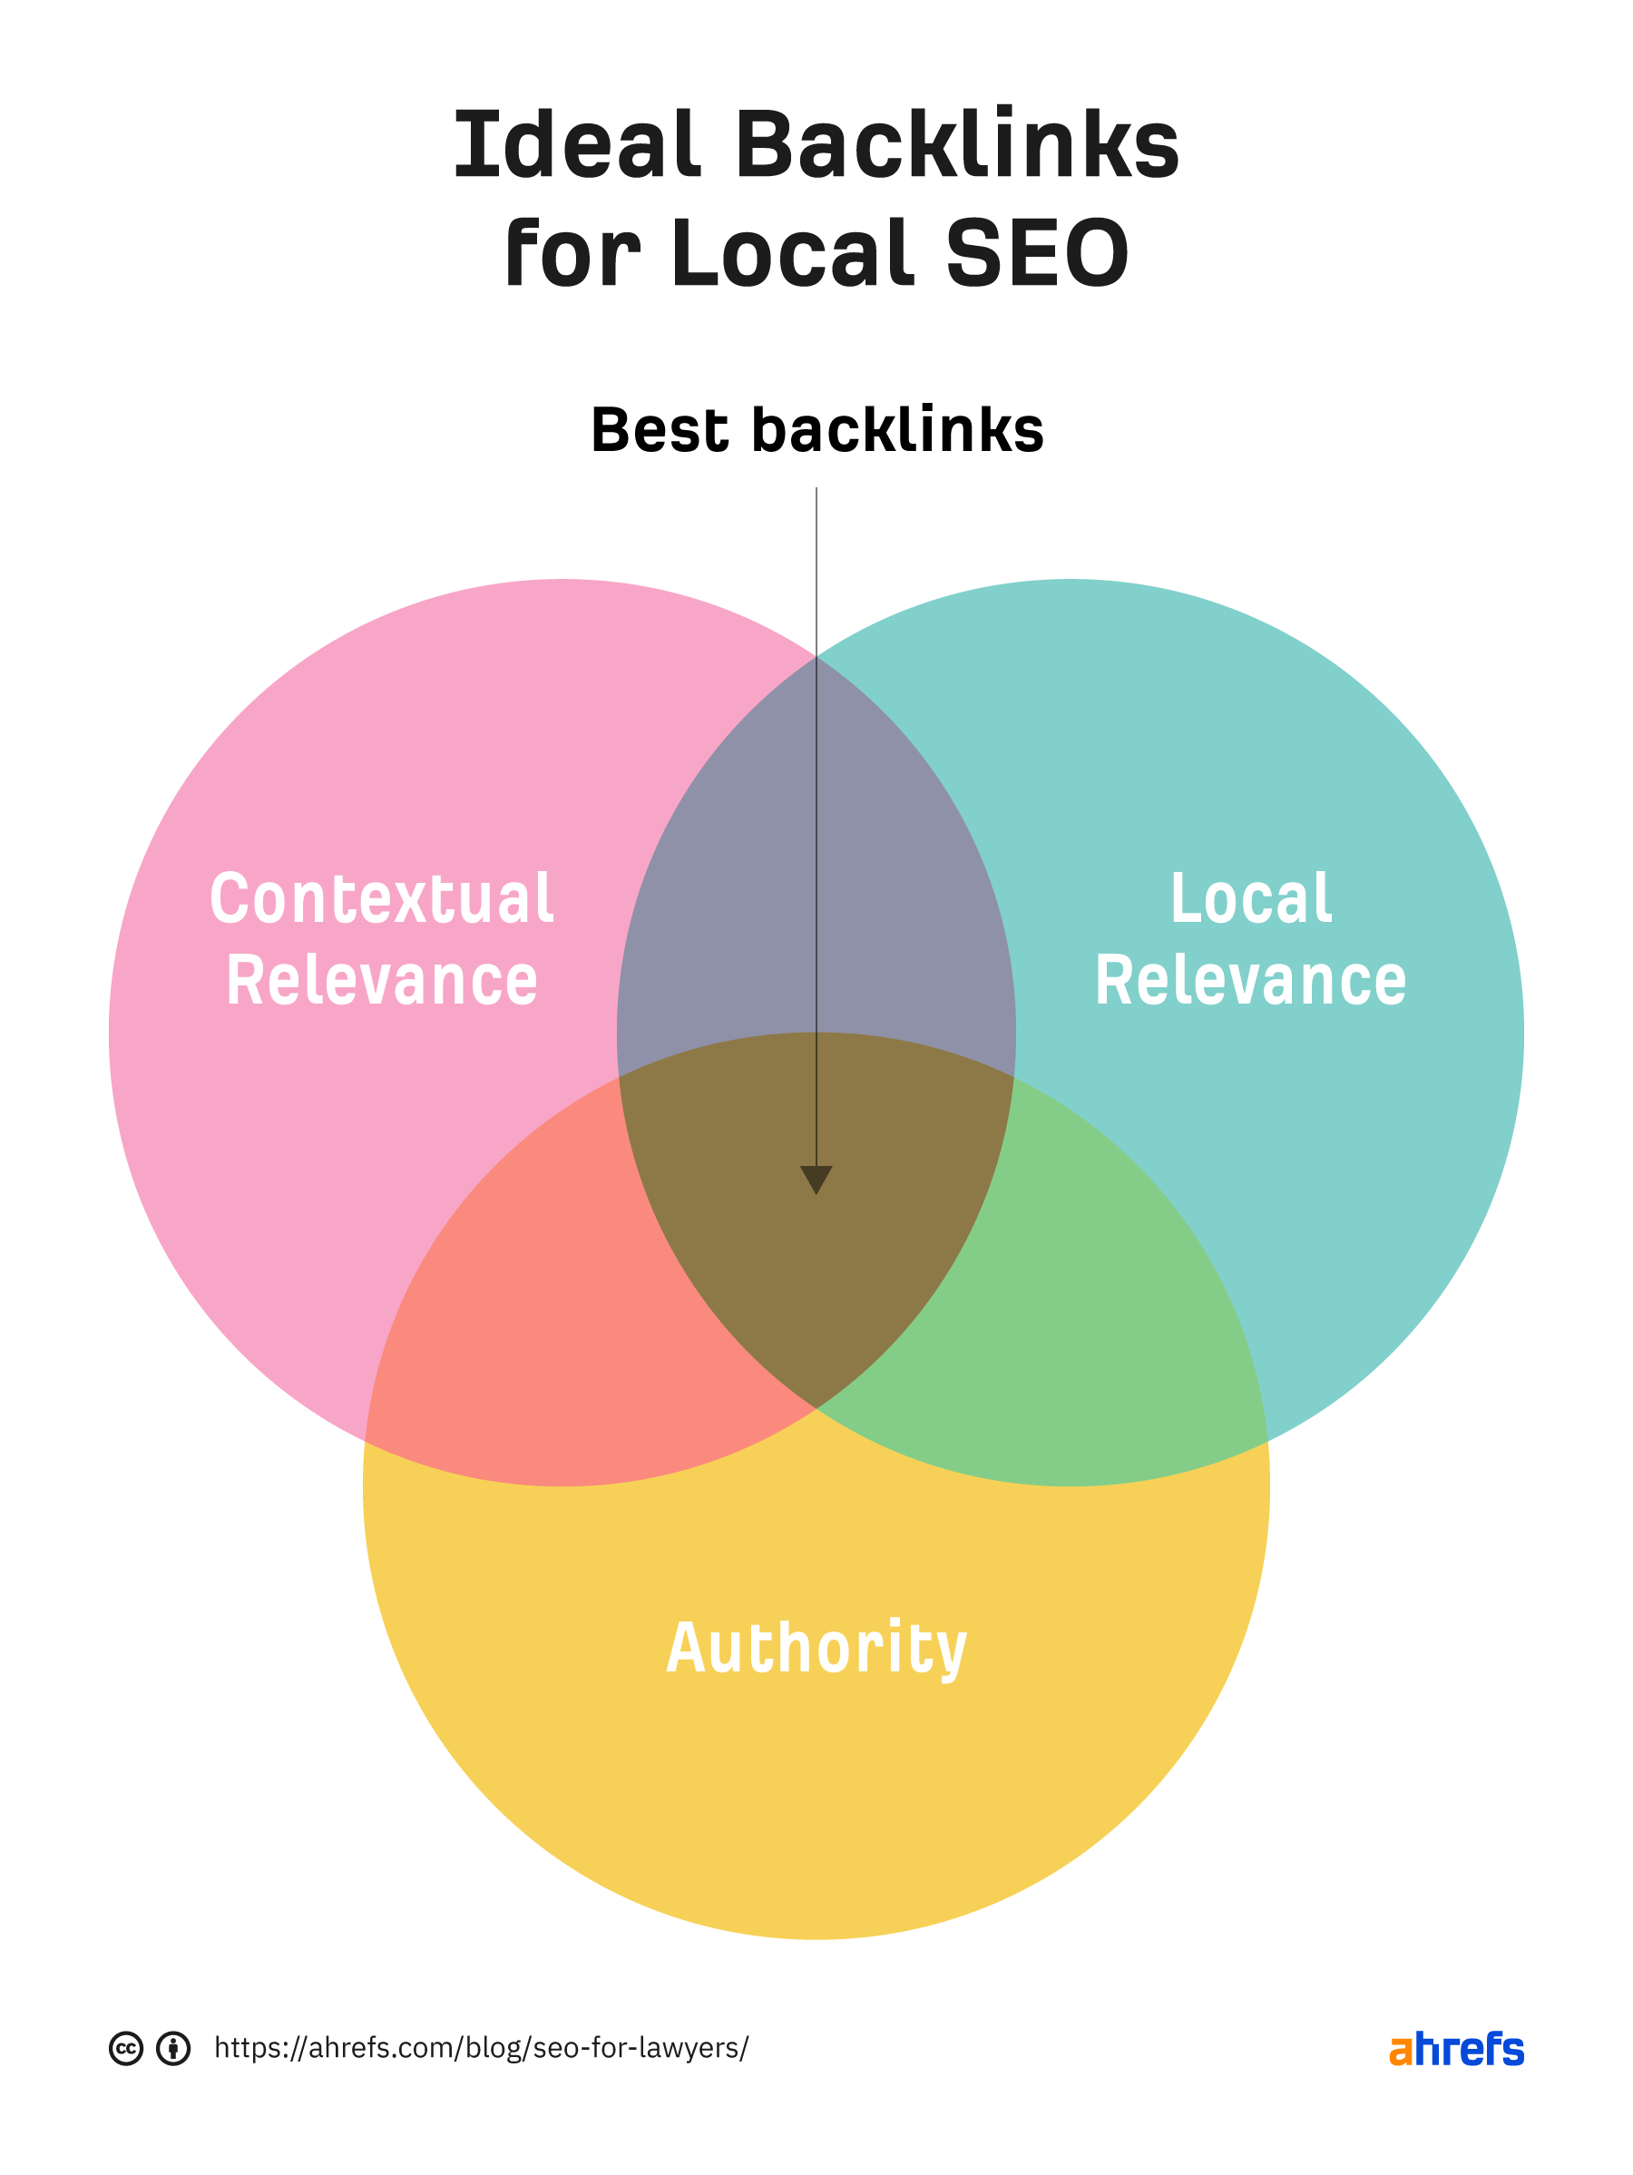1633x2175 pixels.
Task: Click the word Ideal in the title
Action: tap(578, 145)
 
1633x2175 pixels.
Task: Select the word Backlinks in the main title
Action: tap(954, 145)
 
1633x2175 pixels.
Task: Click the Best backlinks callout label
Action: tap(816, 431)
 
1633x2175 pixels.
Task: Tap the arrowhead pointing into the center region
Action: tap(816, 1179)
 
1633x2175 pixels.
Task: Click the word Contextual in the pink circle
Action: tap(381, 898)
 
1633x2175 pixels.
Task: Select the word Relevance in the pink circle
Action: tap(381, 981)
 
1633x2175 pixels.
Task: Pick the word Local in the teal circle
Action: tap(1249, 898)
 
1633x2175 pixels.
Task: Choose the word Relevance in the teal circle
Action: tap(1249, 981)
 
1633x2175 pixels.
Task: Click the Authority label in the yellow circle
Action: tap(816, 1648)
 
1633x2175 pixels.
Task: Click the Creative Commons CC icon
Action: tap(126, 2048)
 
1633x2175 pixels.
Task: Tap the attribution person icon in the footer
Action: tap(174, 2048)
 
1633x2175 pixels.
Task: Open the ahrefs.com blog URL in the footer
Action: tap(481, 2048)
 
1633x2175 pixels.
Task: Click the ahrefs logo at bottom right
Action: tap(1456, 2049)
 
